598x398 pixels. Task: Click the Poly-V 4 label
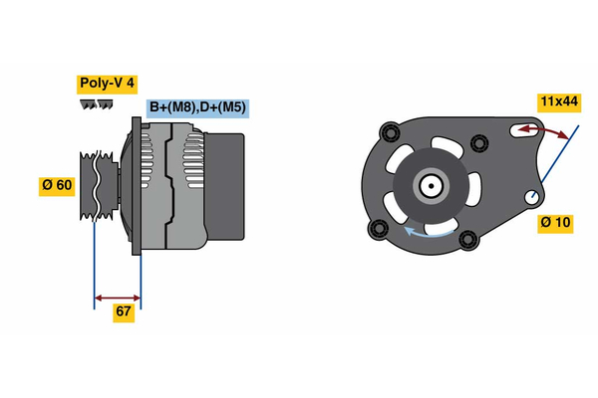[107, 84]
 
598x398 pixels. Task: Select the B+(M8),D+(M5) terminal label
[196, 107]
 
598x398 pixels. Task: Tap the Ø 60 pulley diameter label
[56, 186]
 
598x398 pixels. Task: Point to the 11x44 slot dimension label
[559, 101]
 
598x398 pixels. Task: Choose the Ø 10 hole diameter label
[555, 222]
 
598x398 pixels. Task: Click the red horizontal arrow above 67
[118, 297]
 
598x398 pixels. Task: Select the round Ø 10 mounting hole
[536, 196]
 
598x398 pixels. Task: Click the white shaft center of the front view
[432, 185]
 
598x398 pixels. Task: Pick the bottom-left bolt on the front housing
[377, 231]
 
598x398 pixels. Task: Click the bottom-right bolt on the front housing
[466, 239]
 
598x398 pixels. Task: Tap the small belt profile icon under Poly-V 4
[93, 103]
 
